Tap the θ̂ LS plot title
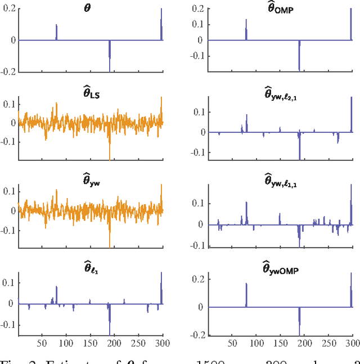91,90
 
